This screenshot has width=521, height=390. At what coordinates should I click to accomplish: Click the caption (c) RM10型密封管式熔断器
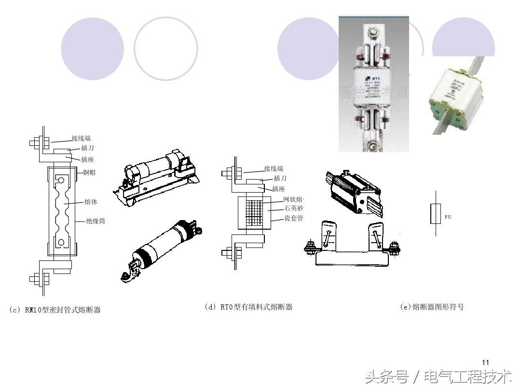(55, 310)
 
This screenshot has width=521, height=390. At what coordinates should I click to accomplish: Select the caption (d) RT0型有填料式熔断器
(248, 307)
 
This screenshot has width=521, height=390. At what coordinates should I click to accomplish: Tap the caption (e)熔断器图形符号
(432, 307)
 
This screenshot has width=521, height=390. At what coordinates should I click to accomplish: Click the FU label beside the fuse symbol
(448, 217)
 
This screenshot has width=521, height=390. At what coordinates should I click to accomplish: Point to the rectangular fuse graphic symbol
(435, 214)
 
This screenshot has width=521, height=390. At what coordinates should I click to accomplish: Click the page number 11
(486, 363)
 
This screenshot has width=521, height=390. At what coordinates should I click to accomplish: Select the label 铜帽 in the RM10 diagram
(89, 172)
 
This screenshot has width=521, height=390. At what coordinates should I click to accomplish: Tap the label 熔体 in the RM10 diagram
(91, 202)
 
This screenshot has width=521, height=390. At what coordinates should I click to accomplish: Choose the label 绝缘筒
(96, 221)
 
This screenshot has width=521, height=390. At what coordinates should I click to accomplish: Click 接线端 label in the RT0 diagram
(274, 169)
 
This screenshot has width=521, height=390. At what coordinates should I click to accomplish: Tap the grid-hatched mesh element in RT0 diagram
(251, 211)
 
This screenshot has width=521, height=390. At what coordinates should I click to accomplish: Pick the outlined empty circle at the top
(165, 49)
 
